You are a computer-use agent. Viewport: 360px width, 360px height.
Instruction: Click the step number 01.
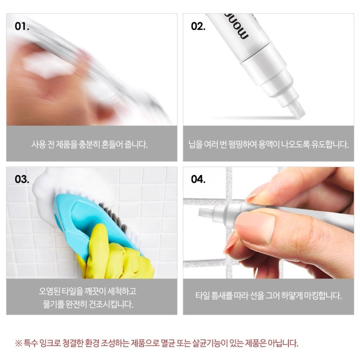click(x=22, y=26)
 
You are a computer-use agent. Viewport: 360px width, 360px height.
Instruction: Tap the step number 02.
click(x=198, y=26)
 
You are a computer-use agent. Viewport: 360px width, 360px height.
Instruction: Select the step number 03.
click(x=22, y=179)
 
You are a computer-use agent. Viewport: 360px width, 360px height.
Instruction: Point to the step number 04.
click(x=198, y=179)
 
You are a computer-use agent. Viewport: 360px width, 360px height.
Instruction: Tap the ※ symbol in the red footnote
click(x=18, y=344)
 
